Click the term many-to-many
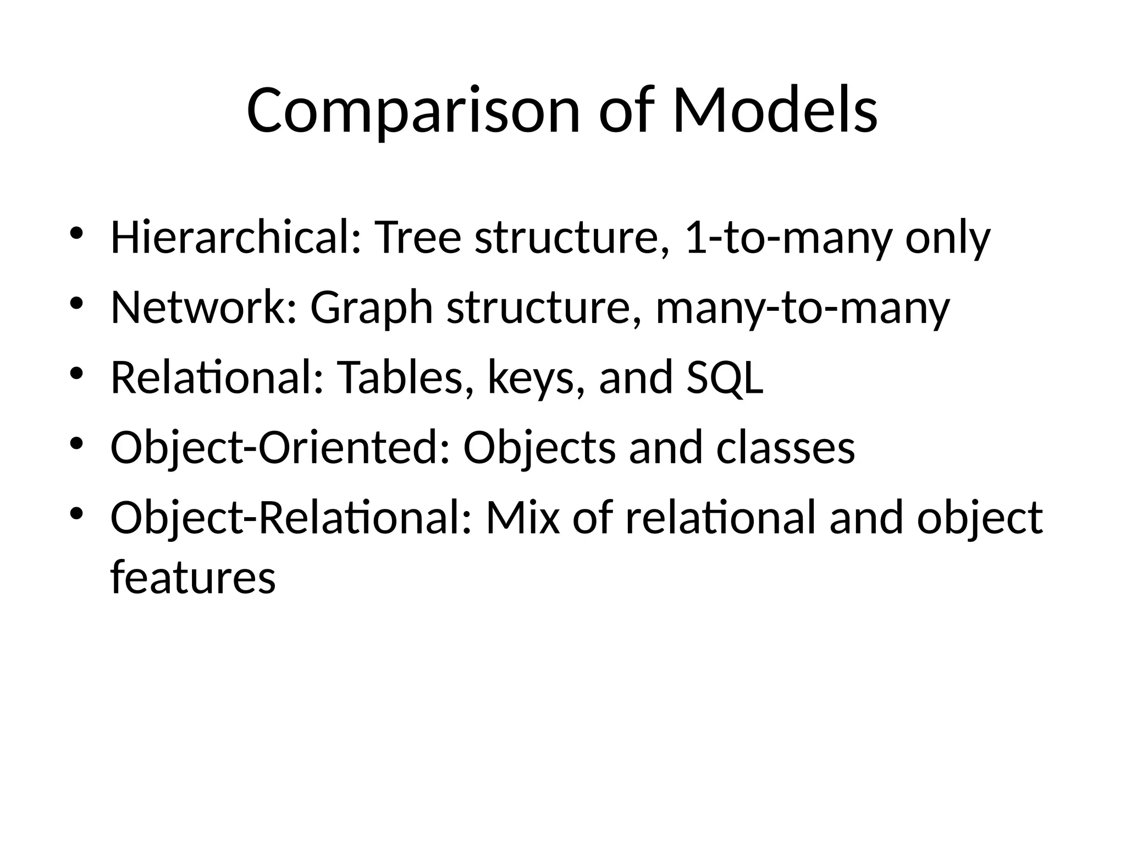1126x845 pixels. click(803, 309)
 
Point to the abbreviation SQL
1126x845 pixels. click(725, 378)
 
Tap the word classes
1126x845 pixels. click(786, 448)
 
